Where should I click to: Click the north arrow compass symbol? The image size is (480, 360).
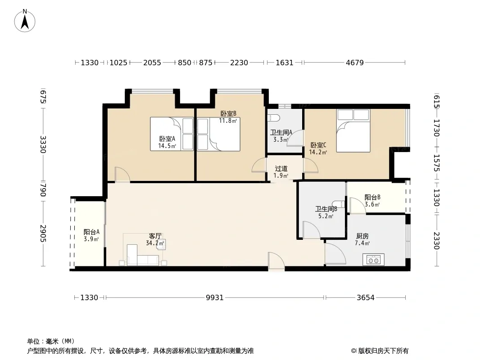coord(25,21)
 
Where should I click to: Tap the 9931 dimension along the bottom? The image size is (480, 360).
coord(215,297)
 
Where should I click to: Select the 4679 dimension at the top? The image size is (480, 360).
coord(354,63)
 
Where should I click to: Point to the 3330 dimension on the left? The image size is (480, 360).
coord(43,144)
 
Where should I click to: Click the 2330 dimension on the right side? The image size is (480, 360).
coord(436,241)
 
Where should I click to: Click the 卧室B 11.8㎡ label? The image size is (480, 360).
coord(228,117)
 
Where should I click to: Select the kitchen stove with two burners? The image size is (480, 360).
coord(373,260)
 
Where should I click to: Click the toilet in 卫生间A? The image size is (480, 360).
coord(274,118)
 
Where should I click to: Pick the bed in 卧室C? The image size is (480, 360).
coord(353,130)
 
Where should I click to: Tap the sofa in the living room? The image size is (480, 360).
coord(143,256)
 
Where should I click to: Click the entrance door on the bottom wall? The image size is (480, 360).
coord(276,262)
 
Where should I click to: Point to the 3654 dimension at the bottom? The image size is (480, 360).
coord(366,297)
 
